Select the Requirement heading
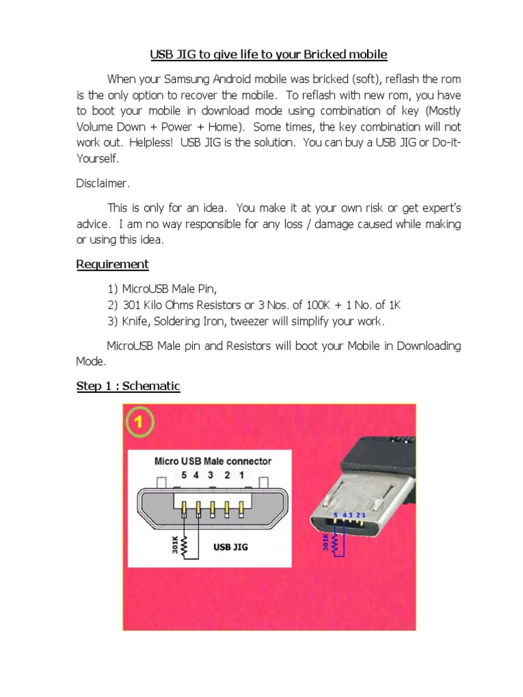pos(112,264)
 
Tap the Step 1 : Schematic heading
pos(128,387)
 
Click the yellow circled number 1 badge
pos(138,422)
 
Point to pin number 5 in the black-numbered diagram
pos(183,475)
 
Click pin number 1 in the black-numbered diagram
pos(241,475)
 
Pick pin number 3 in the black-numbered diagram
pos(212,475)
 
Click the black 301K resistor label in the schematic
pos(175,545)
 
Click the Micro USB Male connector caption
pos(212,461)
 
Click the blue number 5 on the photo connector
pos(335,515)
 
